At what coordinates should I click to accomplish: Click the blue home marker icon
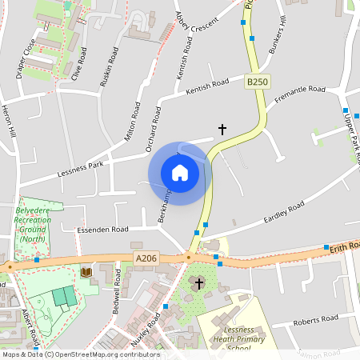[180, 173]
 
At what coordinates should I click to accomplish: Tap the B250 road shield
[257, 82]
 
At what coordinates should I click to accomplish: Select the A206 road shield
[146, 258]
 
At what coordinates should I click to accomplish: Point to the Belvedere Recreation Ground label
[31, 225]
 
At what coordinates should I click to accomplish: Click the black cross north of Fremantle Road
[222, 128]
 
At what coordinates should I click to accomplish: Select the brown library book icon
[86, 273]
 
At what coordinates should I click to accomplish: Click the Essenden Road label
[102, 230]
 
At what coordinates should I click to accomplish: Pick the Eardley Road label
[284, 214]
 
